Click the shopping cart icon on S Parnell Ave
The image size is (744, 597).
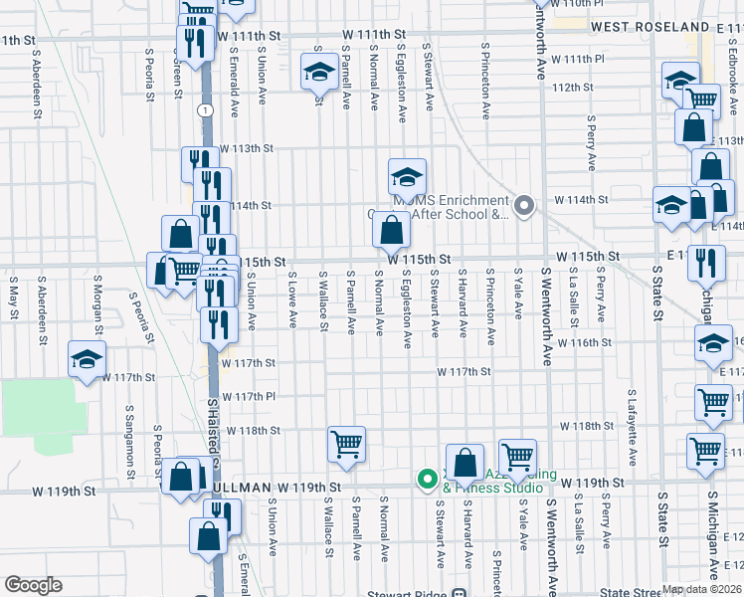pyautogui.click(x=346, y=443)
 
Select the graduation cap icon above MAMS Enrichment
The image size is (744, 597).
pyautogui.click(x=407, y=177)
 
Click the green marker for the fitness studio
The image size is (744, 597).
pyautogui.click(x=428, y=480)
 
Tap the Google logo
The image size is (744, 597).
pyautogui.click(x=33, y=584)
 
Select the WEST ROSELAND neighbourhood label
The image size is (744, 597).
pyautogui.click(x=652, y=28)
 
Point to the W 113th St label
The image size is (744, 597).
pyautogui.click(x=246, y=148)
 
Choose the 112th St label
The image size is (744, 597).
pyautogui.click(x=574, y=88)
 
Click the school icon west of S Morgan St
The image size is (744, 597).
pyautogui.click(x=88, y=360)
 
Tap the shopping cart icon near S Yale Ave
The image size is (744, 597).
pyautogui.click(x=517, y=457)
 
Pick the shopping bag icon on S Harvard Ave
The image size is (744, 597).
pyautogui.click(x=465, y=462)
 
